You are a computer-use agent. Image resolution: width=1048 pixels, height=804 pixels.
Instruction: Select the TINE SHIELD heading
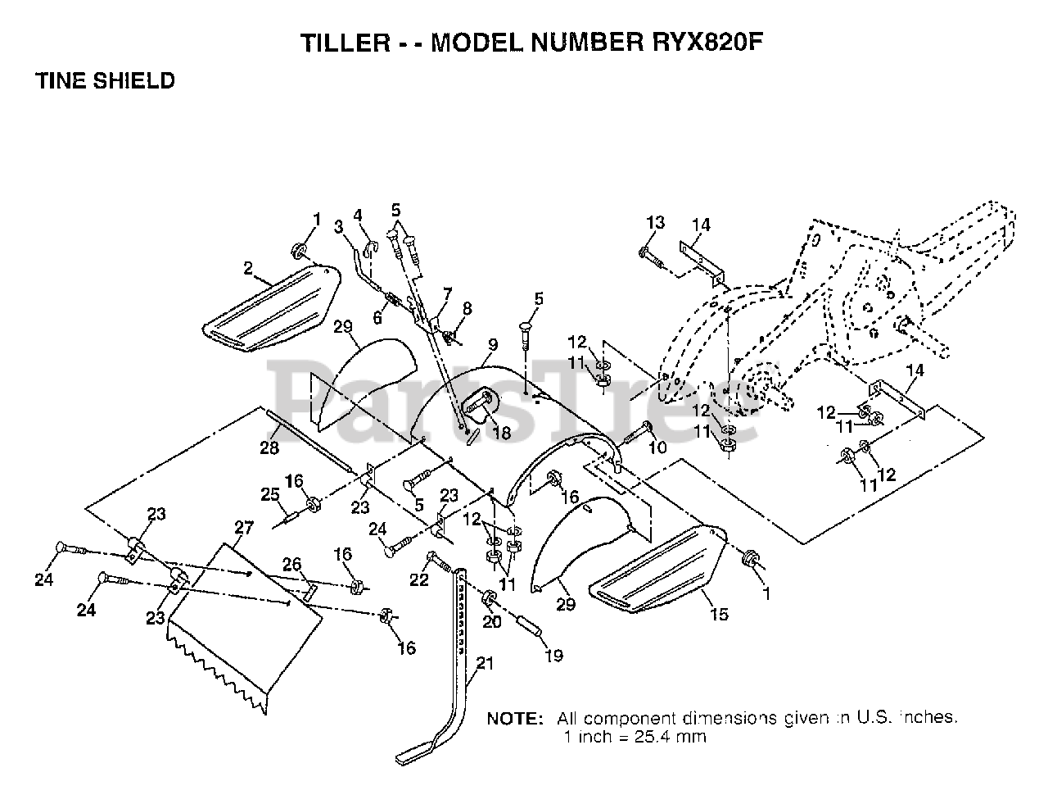(x=105, y=80)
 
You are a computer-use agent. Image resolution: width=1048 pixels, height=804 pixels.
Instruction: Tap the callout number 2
(x=248, y=267)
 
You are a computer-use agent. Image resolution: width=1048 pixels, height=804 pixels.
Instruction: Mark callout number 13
(x=655, y=222)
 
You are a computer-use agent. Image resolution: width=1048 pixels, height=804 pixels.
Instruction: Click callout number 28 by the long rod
(x=269, y=447)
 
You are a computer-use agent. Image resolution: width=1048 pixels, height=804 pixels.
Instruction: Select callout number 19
(x=553, y=656)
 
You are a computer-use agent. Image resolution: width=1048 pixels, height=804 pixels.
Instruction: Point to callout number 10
(x=657, y=447)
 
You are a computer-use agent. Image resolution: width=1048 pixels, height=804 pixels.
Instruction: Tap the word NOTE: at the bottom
(x=515, y=719)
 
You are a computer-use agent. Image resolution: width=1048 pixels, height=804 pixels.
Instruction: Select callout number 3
(x=338, y=226)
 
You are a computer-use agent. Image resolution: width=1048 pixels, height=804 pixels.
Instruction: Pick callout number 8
(x=468, y=308)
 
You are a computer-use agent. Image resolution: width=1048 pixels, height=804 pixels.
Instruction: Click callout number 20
(x=490, y=621)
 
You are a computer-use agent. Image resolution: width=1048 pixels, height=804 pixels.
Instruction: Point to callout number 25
(x=269, y=494)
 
